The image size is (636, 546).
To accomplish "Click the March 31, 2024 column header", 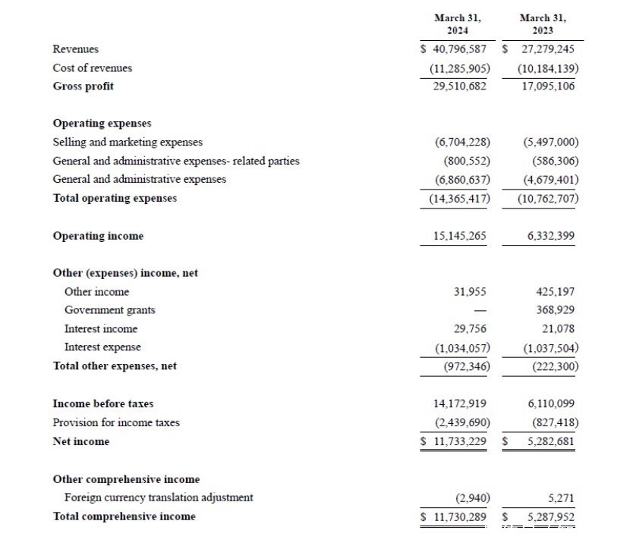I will (x=457, y=24).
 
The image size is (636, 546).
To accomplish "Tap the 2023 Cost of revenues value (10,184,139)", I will (x=548, y=68).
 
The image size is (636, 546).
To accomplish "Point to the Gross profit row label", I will (x=83, y=86).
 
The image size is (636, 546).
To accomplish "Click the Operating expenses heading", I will (x=102, y=123).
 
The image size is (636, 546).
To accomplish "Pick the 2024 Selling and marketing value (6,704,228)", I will (x=462, y=142).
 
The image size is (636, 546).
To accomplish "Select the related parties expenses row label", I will (x=175, y=161).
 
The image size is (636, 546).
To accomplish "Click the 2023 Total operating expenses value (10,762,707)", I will (x=548, y=199).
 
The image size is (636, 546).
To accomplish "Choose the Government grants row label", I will (x=109, y=310).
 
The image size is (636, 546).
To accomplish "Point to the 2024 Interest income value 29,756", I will (x=471, y=329).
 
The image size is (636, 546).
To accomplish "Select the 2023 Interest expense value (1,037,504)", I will (x=551, y=348).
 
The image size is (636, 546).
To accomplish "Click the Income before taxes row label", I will (x=102, y=404).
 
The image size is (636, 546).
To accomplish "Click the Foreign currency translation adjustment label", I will (x=159, y=497).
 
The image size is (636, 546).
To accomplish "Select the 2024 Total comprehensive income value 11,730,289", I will (x=458, y=516).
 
